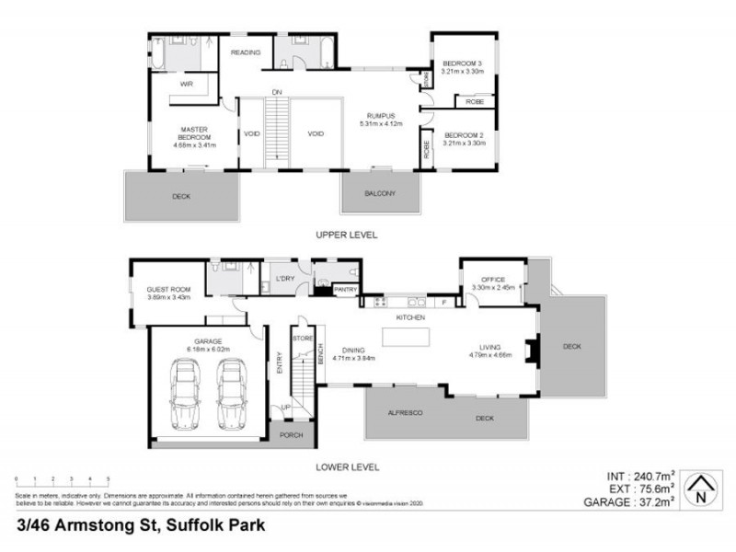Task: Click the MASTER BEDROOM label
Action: coord(193,131)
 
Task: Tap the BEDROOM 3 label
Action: coord(462,63)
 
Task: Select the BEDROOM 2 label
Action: coord(462,136)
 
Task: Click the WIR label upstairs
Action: coord(187,84)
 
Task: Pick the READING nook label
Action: coord(246,52)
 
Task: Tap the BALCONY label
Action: coord(380,193)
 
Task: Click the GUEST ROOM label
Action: coord(167,291)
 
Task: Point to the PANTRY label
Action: coord(345,290)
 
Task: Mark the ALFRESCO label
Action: coord(405,413)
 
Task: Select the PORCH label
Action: coord(292,436)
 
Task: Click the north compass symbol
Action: coord(702,490)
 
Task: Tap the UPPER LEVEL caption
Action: coord(347,235)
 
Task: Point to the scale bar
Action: coord(62,481)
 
